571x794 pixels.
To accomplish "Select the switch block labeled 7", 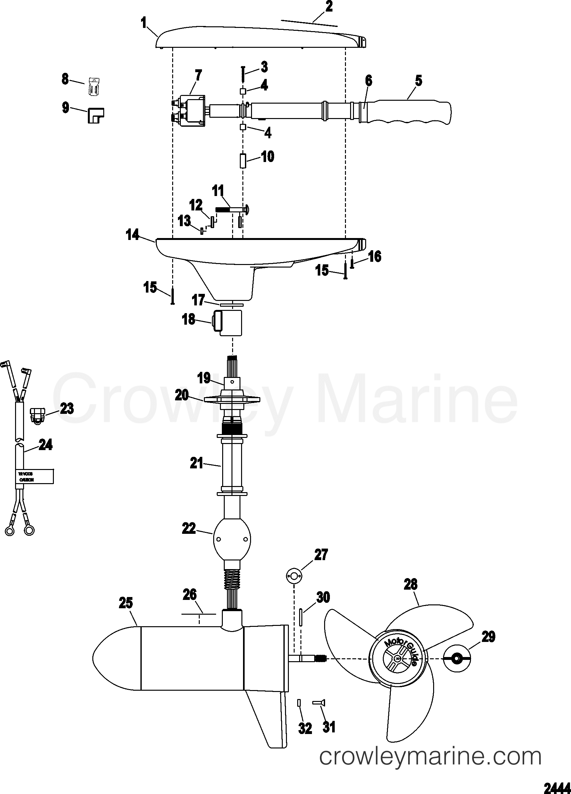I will pyautogui.click(x=191, y=111).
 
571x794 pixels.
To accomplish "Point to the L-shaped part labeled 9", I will pyautogui.click(x=95, y=115).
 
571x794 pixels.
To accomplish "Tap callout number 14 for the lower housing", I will pyautogui.click(x=133, y=235).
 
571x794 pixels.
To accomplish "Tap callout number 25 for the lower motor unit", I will pyautogui.click(x=126, y=603).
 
